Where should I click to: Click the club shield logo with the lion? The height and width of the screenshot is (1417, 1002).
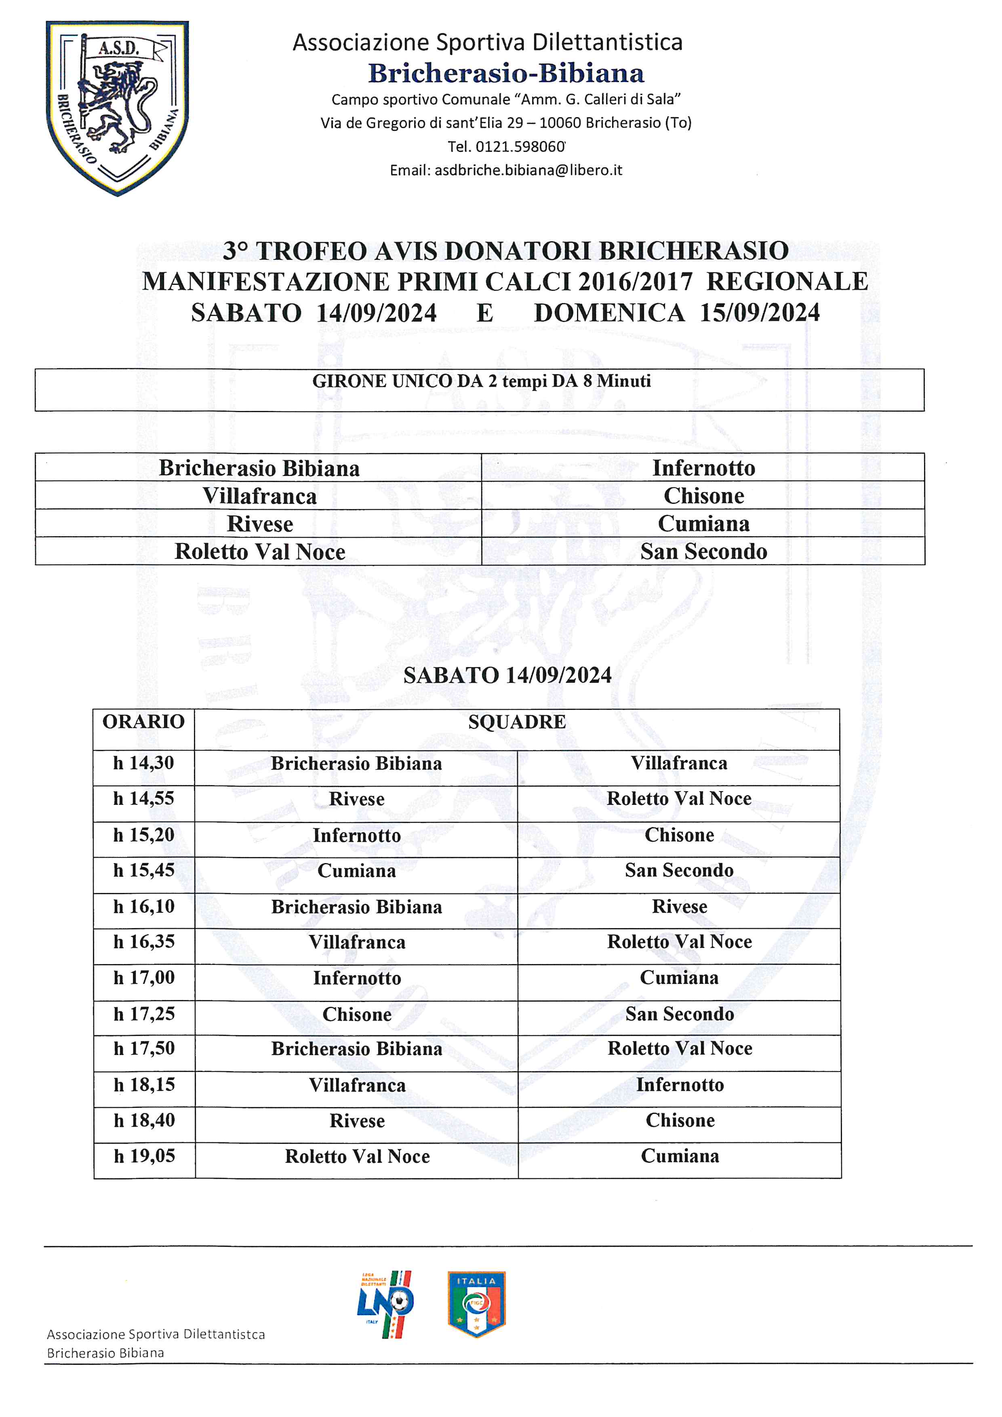[x=117, y=108]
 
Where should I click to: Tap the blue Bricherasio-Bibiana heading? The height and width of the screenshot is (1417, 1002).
[x=506, y=74]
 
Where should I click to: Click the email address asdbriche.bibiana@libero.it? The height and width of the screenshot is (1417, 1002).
[x=528, y=171]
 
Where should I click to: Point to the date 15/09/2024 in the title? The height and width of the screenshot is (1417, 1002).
[x=760, y=313]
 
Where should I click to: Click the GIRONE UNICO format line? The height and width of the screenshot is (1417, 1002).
[x=481, y=381]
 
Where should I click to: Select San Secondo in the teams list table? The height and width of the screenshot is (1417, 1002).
[x=703, y=551]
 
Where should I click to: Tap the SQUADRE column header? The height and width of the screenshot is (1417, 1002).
[x=516, y=722]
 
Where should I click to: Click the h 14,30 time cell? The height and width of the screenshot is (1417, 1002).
[x=144, y=763]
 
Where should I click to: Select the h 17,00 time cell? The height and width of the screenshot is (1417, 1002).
[x=144, y=977]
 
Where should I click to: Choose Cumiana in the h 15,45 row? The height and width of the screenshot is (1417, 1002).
[x=357, y=871]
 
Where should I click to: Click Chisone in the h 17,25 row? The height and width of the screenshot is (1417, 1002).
[x=357, y=1015]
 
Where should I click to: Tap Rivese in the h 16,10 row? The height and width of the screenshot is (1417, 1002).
[x=679, y=907]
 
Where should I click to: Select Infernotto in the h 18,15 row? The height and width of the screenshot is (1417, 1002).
[x=680, y=1085]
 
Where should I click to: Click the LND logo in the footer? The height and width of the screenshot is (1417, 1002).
[x=385, y=1303]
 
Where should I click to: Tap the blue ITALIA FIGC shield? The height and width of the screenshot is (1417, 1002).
[x=476, y=1303]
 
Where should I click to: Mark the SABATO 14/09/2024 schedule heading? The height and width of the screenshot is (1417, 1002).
[x=507, y=675]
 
